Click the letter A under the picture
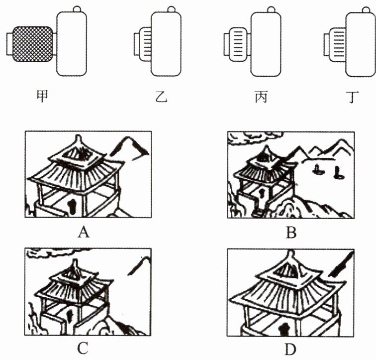tap(84, 231)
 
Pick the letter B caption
tap(291, 232)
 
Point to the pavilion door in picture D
tap(284, 329)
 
